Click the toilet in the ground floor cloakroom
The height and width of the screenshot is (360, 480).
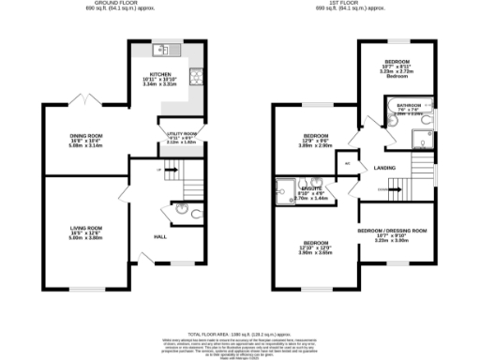point(182,208)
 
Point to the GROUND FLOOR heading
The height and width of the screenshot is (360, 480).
point(104,5)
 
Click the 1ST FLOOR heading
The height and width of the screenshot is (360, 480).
point(344,5)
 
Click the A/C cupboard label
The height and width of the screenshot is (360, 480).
point(348,162)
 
